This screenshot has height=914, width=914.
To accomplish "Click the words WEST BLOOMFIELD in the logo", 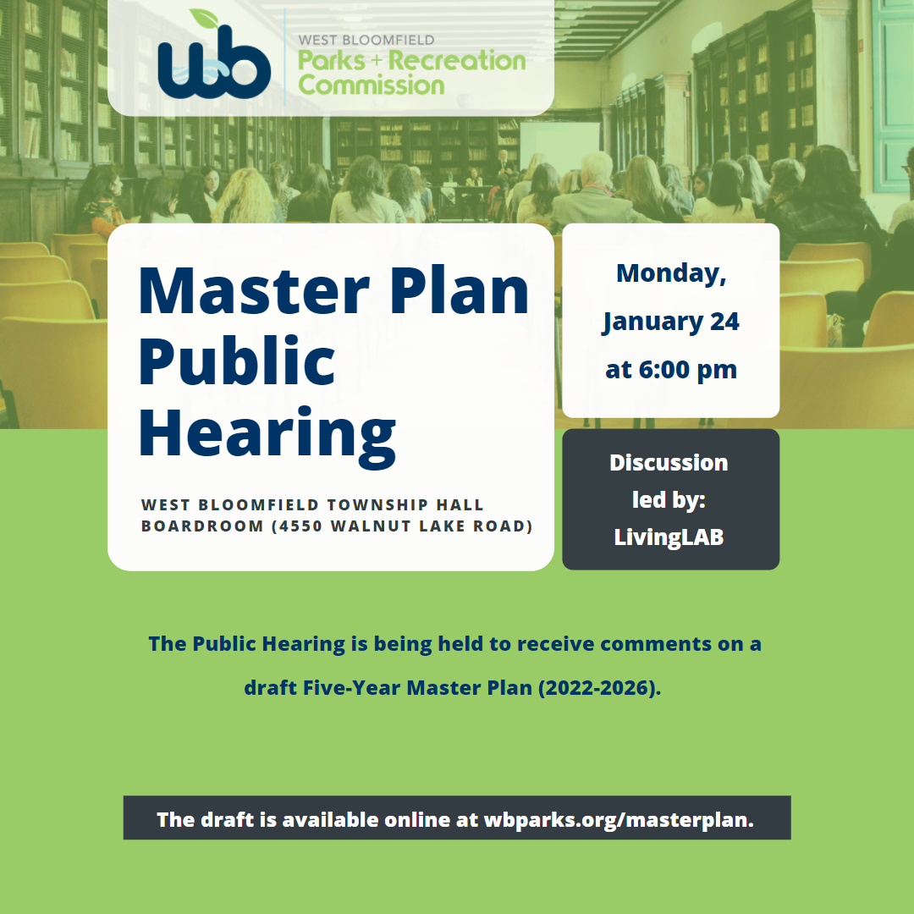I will (366, 40).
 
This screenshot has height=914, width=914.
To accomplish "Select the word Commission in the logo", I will (372, 85).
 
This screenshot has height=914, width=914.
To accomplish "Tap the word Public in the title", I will (237, 361).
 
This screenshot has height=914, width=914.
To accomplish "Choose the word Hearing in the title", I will (267, 432).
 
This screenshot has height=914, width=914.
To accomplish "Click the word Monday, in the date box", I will (671, 273).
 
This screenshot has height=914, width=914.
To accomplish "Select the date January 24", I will (671, 322).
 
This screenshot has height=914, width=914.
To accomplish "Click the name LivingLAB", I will (669, 537).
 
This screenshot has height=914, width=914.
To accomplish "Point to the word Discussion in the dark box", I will (669, 463).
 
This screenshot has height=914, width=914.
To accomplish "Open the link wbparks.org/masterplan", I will (619, 820).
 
